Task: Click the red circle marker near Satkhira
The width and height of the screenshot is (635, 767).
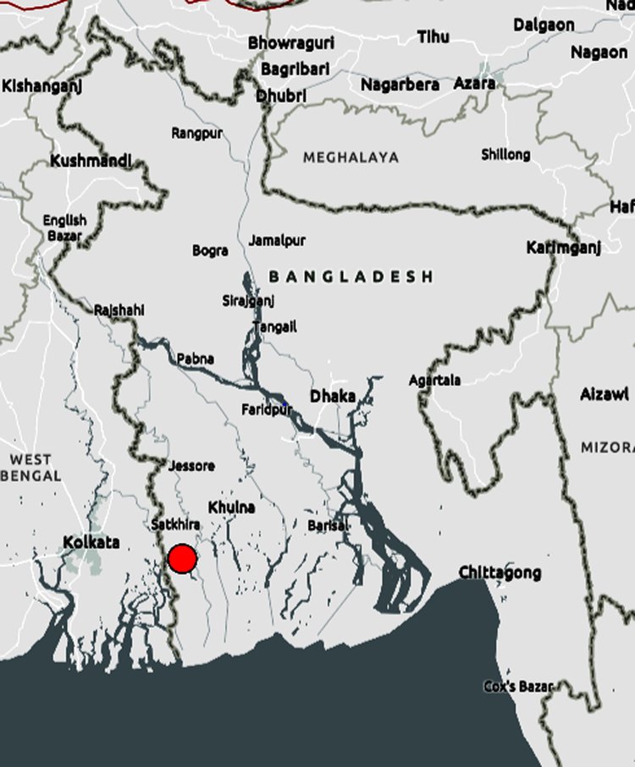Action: coord(182,559)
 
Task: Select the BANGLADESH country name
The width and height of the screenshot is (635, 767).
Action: coord(351,277)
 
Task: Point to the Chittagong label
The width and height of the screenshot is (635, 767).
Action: coord(500,573)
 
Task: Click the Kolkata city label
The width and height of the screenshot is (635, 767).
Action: coord(91,541)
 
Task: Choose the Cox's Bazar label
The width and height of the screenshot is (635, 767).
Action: coord(517,686)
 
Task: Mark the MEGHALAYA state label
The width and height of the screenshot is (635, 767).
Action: coord(351,157)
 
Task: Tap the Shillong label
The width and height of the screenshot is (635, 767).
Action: coord(505,154)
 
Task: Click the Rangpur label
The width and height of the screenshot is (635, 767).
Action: coord(196,133)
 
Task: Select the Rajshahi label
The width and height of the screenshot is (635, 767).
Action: coord(119,310)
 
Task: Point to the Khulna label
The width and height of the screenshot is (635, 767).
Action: coord(231,507)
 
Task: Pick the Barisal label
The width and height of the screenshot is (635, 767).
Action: coord(328,525)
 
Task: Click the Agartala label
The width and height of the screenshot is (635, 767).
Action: coord(434,381)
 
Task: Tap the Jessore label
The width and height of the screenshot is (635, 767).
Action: coord(191,465)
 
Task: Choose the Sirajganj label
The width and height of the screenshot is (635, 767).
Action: coord(248,300)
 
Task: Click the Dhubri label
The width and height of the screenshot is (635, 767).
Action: coord(281,96)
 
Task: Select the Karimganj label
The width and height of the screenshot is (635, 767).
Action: coord(563,248)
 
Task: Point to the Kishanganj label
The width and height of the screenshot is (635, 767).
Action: coord(36,85)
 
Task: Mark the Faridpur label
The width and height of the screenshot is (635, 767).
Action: coord(267,409)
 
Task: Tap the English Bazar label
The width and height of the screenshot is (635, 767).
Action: coord(64,227)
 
